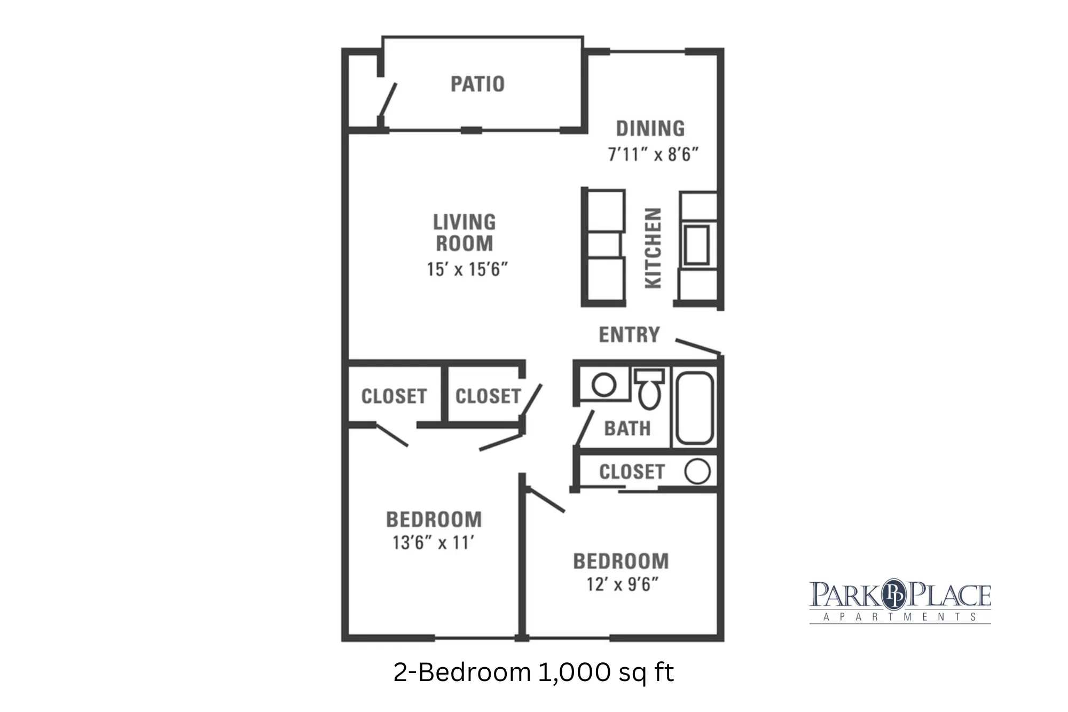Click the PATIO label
[x=477, y=84]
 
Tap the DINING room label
[x=650, y=129]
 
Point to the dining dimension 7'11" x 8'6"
[x=653, y=154]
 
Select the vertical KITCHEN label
[x=653, y=248]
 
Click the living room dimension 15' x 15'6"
[x=467, y=269]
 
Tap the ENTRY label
[x=629, y=335]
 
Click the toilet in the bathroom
[x=649, y=388]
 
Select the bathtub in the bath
[x=694, y=408]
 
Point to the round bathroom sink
[x=604, y=385]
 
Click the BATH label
[x=627, y=428]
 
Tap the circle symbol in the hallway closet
[x=697, y=472]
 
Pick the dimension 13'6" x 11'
[x=433, y=543]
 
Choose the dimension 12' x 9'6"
[x=622, y=584]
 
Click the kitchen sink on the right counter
[x=697, y=245]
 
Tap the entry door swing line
[x=698, y=346]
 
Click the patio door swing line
[x=387, y=100]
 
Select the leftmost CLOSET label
[x=394, y=396]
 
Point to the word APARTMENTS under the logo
[x=900, y=617]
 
